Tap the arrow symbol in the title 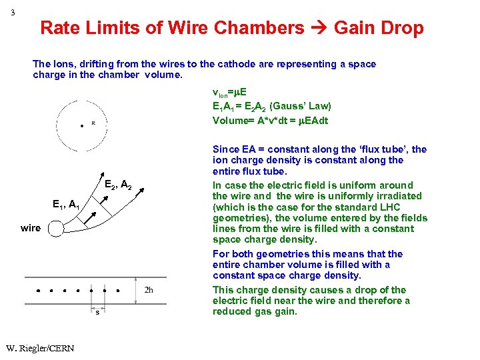(319, 28)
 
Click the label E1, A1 (65, 205)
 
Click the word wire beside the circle (30, 228)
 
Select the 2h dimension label (149, 289)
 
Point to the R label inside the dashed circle (93, 123)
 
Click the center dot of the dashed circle (81, 125)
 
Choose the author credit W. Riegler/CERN (39, 348)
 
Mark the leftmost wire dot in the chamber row (38, 291)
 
